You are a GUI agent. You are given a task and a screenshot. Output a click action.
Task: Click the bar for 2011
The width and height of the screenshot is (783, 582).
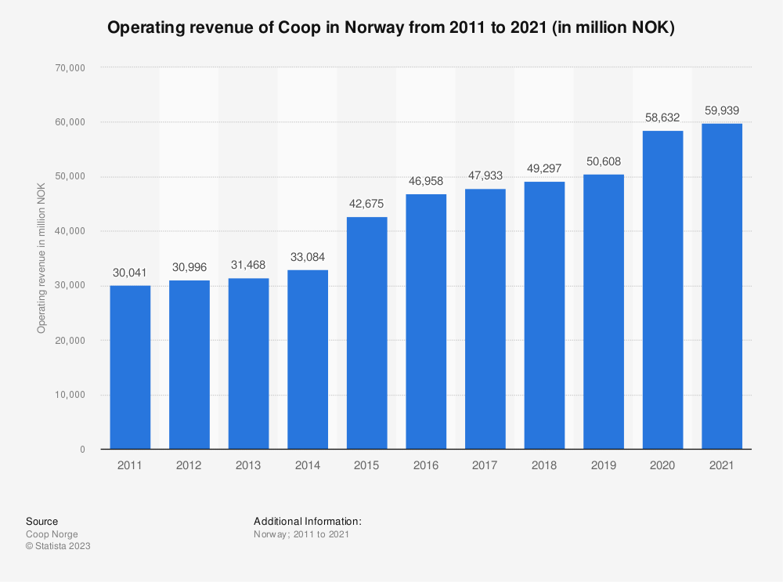[x=130, y=367]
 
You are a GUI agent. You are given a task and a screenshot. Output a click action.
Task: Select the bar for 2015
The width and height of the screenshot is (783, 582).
[x=366, y=333]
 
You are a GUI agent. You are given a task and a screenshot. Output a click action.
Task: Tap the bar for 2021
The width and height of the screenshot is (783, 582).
[x=721, y=286]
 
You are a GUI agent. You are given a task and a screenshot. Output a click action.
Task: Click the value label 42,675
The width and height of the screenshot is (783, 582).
[x=366, y=203]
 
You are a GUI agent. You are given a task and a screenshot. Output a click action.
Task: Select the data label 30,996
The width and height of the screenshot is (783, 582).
[x=189, y=266]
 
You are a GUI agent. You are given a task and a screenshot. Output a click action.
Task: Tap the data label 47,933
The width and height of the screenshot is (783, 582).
[x=485, y=175]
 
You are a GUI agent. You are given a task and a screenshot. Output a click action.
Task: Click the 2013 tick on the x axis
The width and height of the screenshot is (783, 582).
[x=248, y=465]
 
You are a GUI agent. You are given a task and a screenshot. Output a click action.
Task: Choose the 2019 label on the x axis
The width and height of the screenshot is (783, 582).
[x=603, y=465]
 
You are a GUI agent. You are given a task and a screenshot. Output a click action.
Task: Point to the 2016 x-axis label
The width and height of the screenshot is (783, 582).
[x=426, y=465]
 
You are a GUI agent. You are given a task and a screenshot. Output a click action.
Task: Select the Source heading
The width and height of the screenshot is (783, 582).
[x=41, y=521]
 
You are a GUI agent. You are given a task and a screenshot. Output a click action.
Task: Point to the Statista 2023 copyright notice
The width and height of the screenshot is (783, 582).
[x=58, y=546]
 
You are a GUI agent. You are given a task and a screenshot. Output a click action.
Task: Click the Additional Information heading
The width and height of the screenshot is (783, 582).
[x=307, y=521]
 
